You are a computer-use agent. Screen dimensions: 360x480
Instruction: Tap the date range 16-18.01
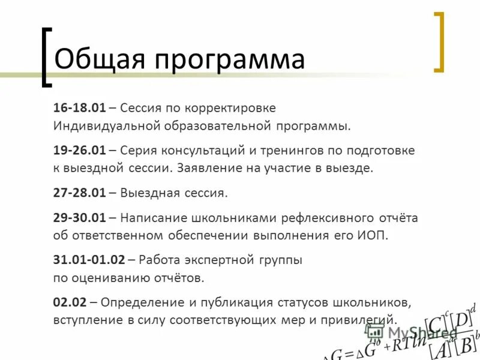(x=79, y=108)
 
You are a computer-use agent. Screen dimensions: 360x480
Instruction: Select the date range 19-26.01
(x=79, y=149)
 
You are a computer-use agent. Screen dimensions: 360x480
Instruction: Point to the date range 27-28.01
(x=79, y=193)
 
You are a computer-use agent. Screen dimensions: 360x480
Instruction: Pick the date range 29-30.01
(x=79, y=217)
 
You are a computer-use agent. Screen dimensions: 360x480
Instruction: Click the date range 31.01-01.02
(x=89, y=260)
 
